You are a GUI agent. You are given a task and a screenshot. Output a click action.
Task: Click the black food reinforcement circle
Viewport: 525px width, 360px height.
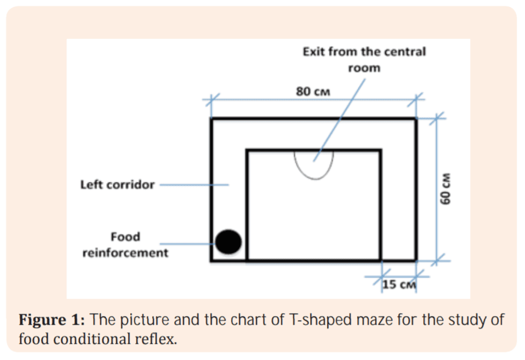(229, 241)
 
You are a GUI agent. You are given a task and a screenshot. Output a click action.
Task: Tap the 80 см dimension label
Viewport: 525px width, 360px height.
(313, 91)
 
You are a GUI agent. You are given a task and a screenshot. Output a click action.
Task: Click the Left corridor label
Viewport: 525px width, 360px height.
(118, 185)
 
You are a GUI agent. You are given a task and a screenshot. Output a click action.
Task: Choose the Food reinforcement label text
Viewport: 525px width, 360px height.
(125, 245)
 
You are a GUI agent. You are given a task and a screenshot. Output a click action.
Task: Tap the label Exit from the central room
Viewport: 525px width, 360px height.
(364, 59)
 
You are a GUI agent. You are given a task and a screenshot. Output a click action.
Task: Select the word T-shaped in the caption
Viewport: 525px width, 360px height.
(314, 319)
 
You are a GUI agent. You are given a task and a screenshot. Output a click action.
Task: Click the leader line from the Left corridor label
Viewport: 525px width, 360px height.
(194, 185)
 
